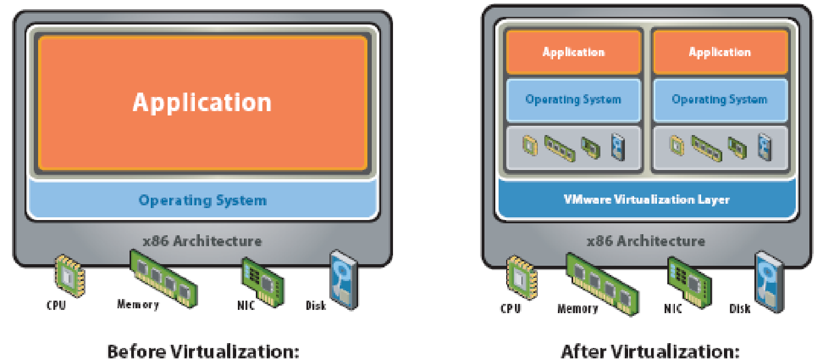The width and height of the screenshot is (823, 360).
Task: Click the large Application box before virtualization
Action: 202,103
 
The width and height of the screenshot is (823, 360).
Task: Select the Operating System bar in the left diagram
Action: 202,200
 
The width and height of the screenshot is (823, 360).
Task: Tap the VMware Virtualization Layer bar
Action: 647,199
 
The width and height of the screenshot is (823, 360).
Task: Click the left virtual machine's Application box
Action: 573,52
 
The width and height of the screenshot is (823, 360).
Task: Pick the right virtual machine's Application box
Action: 720,52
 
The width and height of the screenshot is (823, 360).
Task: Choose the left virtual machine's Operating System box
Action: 573,100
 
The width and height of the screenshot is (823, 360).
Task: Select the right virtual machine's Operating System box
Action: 720,100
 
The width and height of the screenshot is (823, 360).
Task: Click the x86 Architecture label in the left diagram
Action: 202,241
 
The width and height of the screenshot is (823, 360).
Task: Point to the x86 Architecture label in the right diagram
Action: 646,241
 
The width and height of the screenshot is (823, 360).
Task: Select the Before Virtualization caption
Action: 203,351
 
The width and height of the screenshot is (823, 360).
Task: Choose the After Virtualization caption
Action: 650,351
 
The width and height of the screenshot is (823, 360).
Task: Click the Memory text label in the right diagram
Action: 578,309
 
